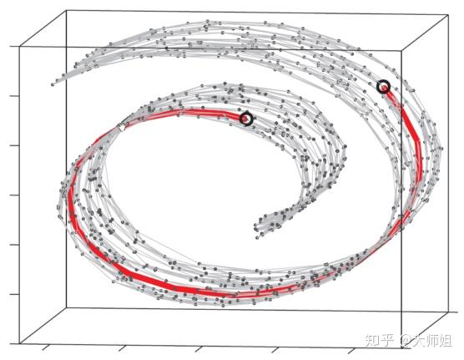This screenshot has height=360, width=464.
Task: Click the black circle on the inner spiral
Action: [246, 119]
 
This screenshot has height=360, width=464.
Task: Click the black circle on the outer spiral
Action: [384, 87]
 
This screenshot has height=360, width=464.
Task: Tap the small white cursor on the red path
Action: [121, 127]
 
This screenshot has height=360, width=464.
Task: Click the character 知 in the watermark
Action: [372, 341]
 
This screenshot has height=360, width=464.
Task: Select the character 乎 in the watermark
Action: [387, 341]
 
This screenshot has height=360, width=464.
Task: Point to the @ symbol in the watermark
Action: [406, 341]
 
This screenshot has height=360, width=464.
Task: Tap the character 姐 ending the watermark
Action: [445, 341]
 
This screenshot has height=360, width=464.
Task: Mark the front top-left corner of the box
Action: [20, 46]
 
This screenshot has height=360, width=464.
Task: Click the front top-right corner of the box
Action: [401, 50]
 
